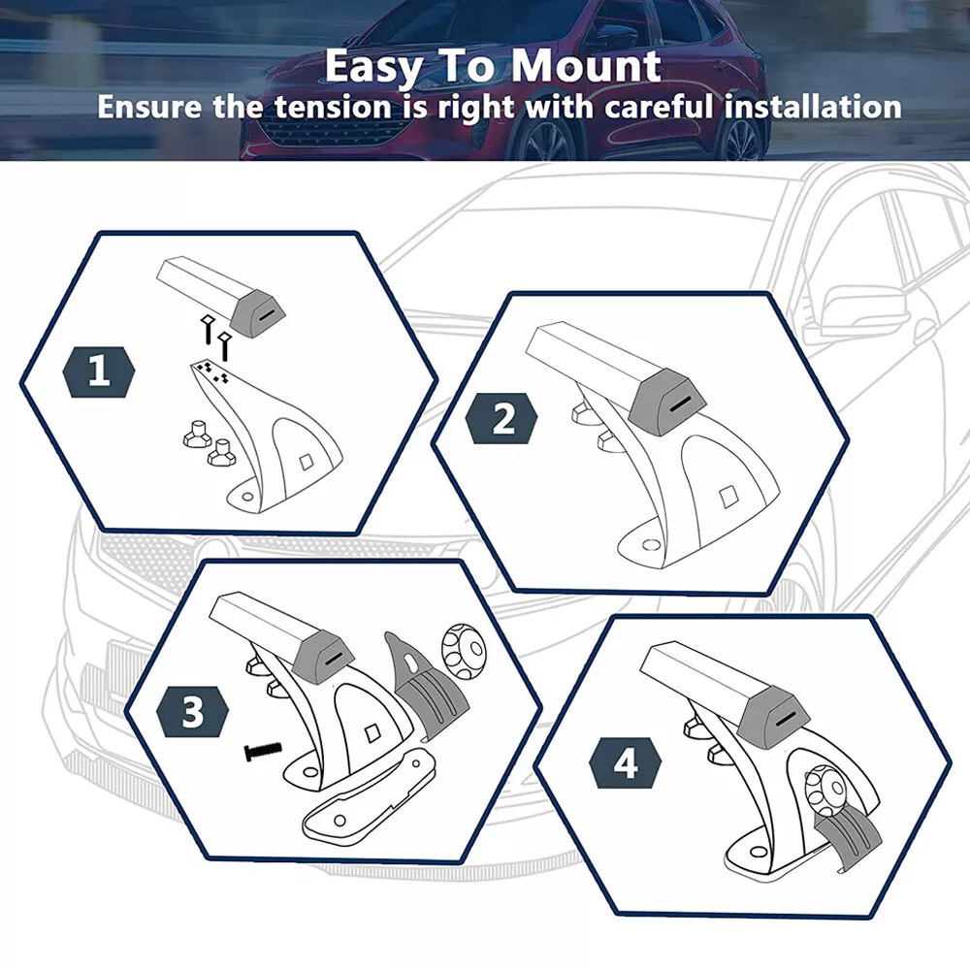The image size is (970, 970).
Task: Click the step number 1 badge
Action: [x=99, y=372]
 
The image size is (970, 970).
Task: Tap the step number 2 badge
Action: [x=501, y=418]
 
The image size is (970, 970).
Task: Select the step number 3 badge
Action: [x=192, y=711]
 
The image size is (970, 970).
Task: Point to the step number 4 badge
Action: [x=626, y=763]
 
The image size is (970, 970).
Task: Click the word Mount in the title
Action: [x=585, y=66]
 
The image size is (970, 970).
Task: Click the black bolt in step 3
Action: [x=263, y=751]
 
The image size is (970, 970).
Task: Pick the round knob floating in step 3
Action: [x=464, y=650]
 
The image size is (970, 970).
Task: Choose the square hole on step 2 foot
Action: [x=728, y=496]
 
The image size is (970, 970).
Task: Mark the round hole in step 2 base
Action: [x=650, y=544]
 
